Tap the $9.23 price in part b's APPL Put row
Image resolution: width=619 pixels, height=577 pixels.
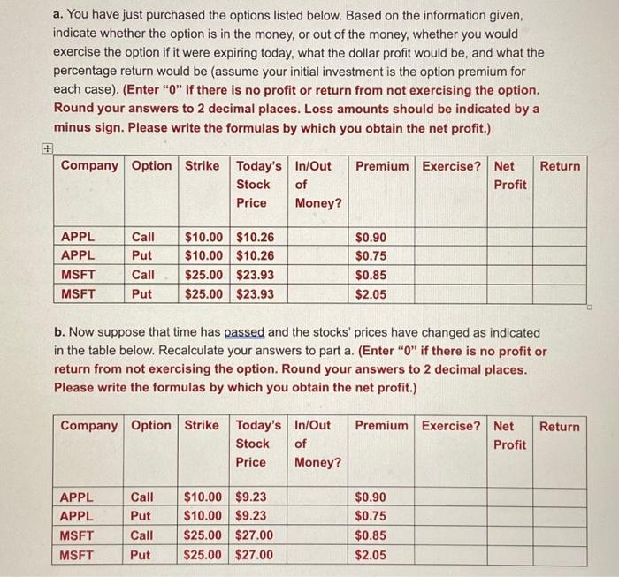[254, 516]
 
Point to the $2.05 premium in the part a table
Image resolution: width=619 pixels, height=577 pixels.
[371, 294]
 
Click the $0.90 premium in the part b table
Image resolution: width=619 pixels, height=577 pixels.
[371, 497]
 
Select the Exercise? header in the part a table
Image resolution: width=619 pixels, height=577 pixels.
[452, 166]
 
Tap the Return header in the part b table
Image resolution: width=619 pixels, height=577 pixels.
[560, 426]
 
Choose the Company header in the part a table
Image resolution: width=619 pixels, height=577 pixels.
[88, 166]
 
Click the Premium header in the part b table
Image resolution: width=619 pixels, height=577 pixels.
[382, 426]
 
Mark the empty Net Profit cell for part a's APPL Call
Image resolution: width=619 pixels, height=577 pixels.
[511, 237]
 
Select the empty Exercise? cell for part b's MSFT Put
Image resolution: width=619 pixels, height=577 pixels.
[453, 555]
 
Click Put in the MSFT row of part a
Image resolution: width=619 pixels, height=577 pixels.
[141, 294]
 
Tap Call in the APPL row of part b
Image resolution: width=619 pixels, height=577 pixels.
[141, 497]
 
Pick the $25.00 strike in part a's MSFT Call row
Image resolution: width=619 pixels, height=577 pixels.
[203, 275]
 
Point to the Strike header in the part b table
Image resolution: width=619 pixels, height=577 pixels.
[202, 426]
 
